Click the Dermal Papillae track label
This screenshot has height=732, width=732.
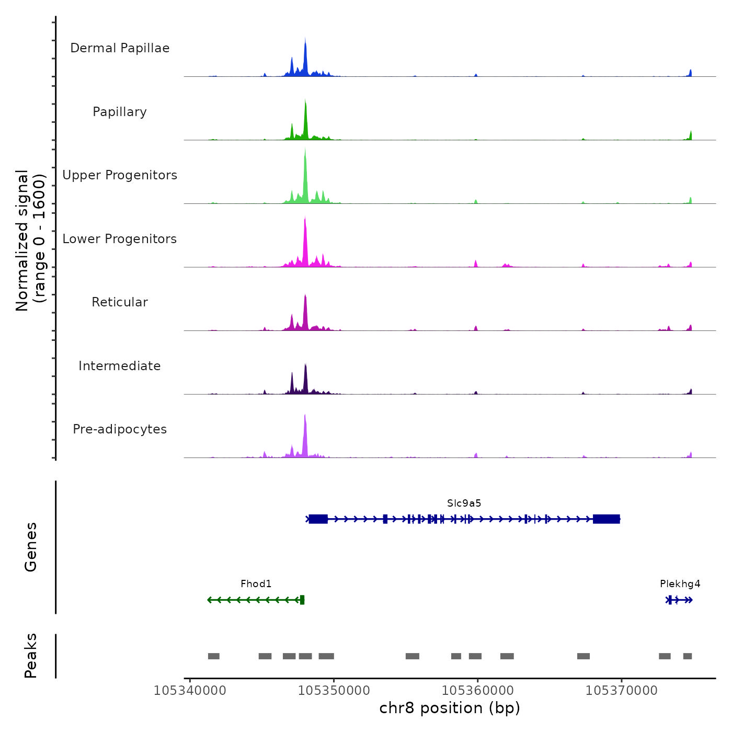[120, 48]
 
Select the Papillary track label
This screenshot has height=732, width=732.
[120, 112]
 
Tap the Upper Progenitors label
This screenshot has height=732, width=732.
[120, 175]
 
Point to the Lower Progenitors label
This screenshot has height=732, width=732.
[120, 239]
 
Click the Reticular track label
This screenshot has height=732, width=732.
[120, 302]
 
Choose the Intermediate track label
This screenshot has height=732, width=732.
[120, 366]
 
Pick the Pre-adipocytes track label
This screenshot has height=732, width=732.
[120, 429]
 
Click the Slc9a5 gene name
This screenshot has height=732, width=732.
[464, 504]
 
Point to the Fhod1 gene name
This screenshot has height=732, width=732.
[256, 584]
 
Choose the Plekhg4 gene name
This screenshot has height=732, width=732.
[680, 584]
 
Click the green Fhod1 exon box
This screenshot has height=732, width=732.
[302, 600]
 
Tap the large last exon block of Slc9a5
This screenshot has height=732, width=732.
[607, 519]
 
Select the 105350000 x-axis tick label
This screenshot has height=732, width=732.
[334, 691]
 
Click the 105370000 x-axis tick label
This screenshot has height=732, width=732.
[621, 691]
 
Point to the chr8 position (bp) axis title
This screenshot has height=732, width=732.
[450, 708]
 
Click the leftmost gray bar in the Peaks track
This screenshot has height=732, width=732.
[213, 656]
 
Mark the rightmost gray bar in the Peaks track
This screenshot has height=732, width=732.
[688, 656]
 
